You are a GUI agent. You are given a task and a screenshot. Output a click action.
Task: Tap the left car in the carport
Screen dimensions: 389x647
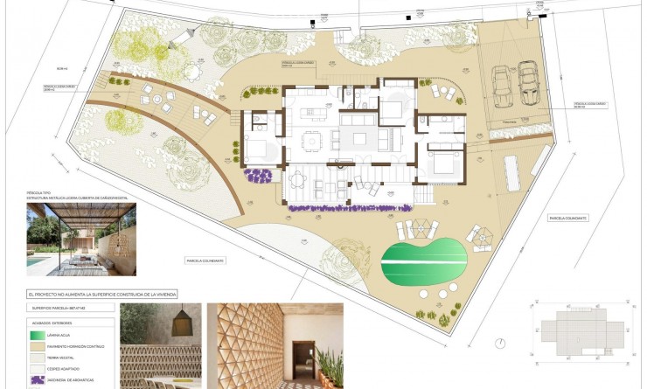click(x=503, y=84)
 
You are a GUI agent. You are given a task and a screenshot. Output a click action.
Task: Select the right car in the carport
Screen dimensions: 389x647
click(x=527, y=84)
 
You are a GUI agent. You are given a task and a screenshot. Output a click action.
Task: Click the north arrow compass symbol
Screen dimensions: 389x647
click(x=498, y=343)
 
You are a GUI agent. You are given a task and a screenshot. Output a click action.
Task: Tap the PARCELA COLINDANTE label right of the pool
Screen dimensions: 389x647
click(x=568, y=218)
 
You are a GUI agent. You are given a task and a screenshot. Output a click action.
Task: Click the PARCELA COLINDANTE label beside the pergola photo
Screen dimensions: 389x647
click(x=206, y=260)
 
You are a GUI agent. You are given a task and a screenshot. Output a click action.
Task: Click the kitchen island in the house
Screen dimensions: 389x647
click(x=313, y=115)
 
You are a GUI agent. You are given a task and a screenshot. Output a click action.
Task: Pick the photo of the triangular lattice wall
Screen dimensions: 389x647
click(x=275, y=346)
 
